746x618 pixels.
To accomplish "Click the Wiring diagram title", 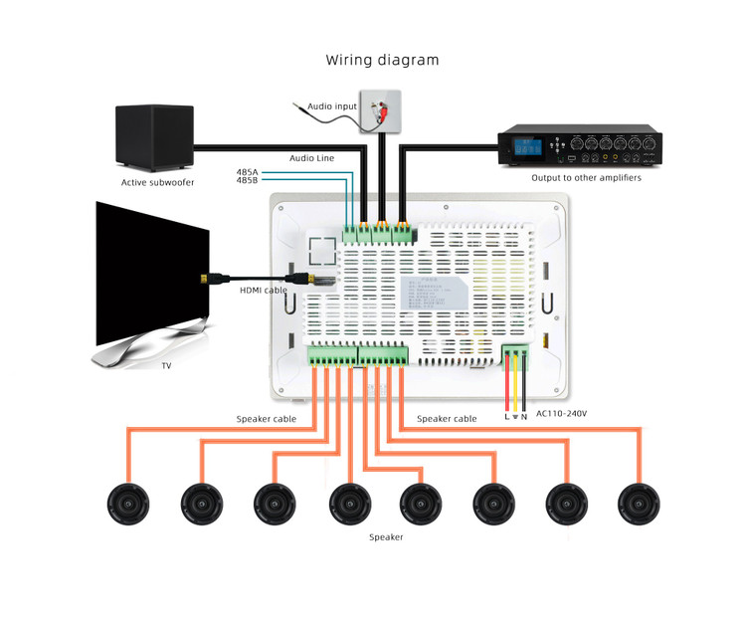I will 382,60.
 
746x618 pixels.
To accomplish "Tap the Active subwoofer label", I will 158,182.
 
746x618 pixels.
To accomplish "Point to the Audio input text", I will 331,105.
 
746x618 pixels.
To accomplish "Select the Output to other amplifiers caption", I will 586,178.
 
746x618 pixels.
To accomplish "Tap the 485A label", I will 248,173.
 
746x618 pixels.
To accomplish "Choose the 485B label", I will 248,183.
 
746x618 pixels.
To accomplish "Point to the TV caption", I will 167,366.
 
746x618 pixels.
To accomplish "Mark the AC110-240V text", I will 561,413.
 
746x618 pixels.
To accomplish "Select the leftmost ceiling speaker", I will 128,504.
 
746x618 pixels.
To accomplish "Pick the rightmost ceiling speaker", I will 639,504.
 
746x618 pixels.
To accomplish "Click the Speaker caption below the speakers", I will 386,537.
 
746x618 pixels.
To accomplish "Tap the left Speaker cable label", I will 266,419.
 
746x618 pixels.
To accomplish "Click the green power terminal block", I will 515,356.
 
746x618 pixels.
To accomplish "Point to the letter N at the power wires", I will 524,416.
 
